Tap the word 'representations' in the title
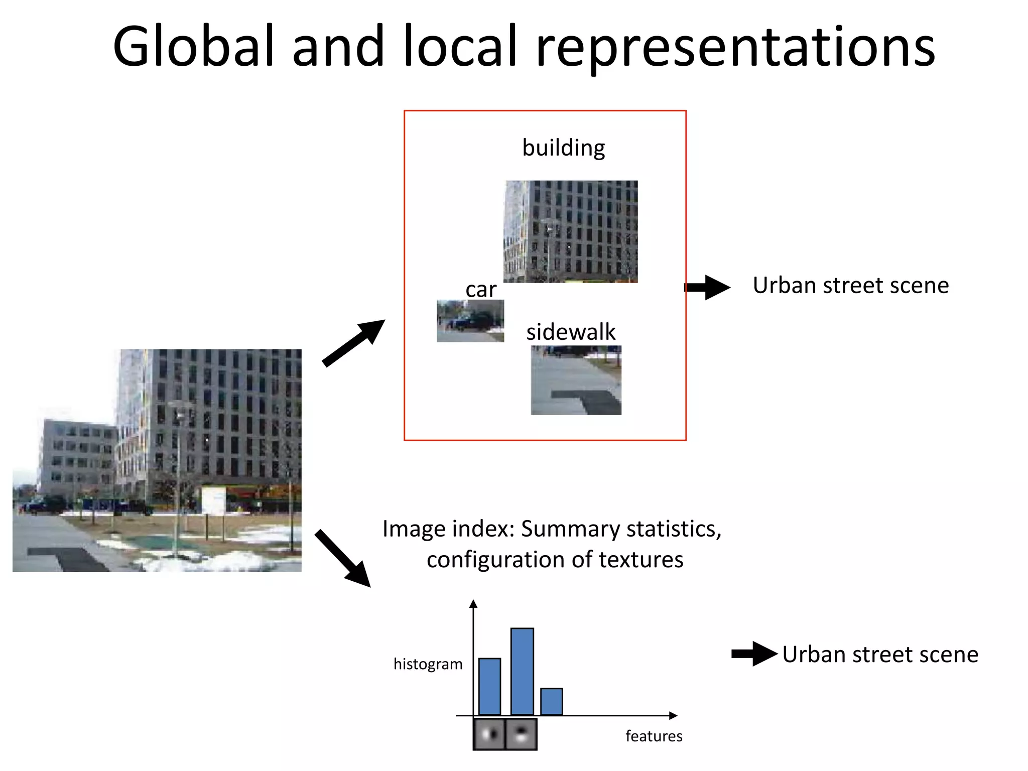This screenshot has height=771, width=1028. (x=735, y=48)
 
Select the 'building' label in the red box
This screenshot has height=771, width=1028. (x=563, y=148)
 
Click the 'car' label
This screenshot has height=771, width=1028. (x=480, y=290)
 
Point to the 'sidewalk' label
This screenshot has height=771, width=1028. (x=571, y=332)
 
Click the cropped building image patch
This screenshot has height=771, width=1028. (x=571, y=231)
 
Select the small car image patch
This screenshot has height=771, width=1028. (x=470, y=321)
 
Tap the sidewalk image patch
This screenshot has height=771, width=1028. (x=576, y=380)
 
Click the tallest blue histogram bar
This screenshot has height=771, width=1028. (x=522, y=671)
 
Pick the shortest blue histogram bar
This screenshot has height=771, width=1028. (x=551, y=701)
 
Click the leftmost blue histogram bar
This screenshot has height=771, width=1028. (x=489, y=686)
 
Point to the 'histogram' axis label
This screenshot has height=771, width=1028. (x=428, y=664)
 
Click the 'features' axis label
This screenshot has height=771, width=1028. (x=654, y=736)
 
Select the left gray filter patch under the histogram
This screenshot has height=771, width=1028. (x=489, y=734)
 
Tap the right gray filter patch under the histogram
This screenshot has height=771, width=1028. (x=521, y=734)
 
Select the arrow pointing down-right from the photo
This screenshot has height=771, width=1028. (x=343, y=558)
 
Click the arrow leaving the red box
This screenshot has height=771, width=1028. (x=708, y=287)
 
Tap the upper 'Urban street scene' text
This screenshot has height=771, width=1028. (x=851, y=286)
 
